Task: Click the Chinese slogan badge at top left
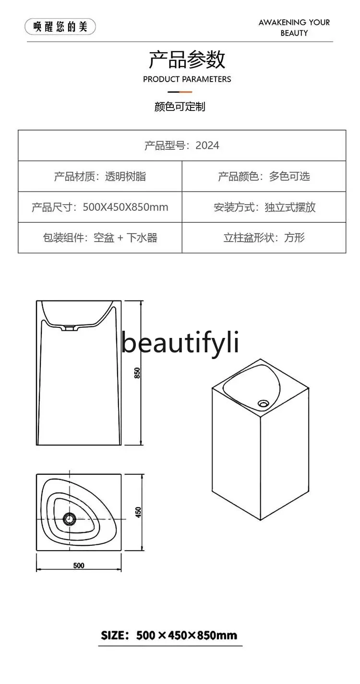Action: (x=60, y=26)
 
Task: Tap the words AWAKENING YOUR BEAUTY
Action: (x=294, y=27)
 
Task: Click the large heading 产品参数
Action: (x=187, y=60)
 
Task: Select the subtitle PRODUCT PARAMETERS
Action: (x=187, y=79)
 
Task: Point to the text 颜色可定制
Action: (x=180, y=107)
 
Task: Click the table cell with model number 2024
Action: (x=182, y=145)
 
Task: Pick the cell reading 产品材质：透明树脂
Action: (x=100, y=176)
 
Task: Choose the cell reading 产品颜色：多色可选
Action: (x=264, y=176)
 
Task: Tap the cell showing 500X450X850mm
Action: (x=100, y=207)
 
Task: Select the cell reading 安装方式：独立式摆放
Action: (x=264, y=207)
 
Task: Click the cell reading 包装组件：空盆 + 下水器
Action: (x=100, y=238)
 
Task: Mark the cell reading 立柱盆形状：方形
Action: (x=264, y=238)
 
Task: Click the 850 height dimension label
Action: (x=137, y=373)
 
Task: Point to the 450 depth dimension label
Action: (x=139, y=513)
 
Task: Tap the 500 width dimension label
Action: (x=79, y=565)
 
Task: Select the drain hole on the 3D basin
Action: (x=263, y=403)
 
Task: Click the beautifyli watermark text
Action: (x=180, y=343)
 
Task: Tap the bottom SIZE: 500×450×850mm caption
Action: (x=169, y=636)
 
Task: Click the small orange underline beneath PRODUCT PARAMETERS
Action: (x=180, y=92)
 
